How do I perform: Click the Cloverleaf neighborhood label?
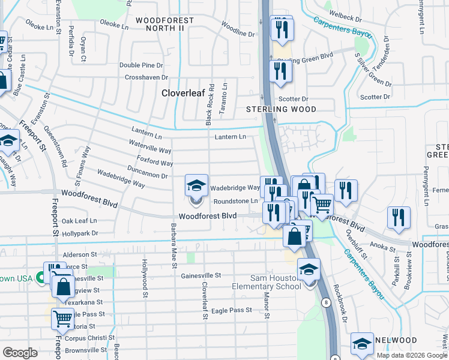[x=184, y=93]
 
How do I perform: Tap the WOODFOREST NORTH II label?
[x=164, y=24]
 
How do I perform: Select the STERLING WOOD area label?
[x=281, y=109]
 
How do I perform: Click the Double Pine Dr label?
[x=141, y=65]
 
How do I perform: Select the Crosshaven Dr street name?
[x=146, y=77]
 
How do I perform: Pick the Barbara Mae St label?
[x=173, y=246]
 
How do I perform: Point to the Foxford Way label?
[x=155, y=163]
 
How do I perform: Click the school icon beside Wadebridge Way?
[x=196, y=186]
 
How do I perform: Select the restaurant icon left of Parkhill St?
[x=399, y=218]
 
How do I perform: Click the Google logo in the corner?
[x=20, y=353]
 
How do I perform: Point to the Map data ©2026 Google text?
[x=412, y=355]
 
